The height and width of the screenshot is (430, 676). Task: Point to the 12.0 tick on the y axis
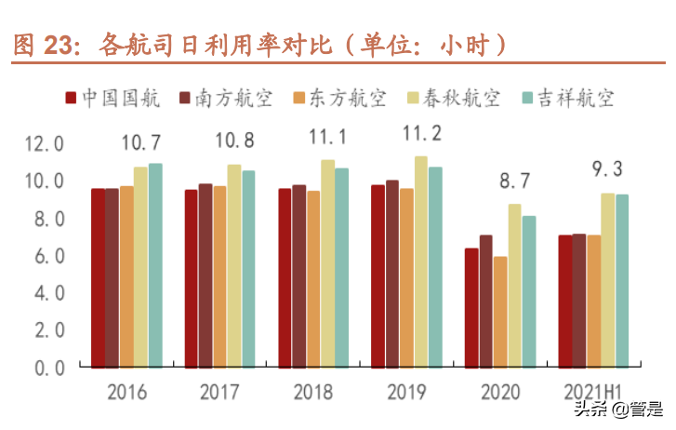[x=45, y=144]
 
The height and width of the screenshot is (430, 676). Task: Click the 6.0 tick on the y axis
[x=45, y=256]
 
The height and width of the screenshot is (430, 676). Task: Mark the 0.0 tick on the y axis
[x=45, y=368]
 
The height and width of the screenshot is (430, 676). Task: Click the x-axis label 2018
[x=312, y=392]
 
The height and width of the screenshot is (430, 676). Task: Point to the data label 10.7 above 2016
[x=140, y=142]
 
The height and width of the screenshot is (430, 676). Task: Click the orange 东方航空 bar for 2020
[x=500, y=312]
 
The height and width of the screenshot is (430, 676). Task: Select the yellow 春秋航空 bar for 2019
[x=421, y=262]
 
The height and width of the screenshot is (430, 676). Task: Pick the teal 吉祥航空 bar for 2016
[x=155, y=265]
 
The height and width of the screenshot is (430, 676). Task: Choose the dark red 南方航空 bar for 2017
[x=205, y=275]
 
